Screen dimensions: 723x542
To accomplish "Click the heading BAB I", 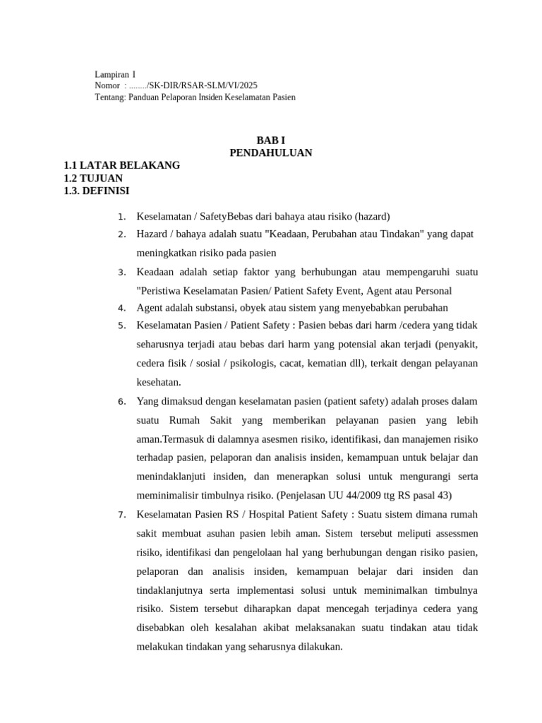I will pyautogui.click(x=271, y=141).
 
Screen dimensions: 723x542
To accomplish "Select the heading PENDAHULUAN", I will pyautogui.click(x=271, y=153).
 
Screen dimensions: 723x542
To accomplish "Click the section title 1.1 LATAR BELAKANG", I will pyautogui.click(x=121, y=165).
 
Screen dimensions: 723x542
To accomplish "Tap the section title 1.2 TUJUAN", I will pyautogui.click(x=93, y=178).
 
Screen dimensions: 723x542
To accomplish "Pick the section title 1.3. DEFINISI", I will pyautogui.click(x=97, y=191).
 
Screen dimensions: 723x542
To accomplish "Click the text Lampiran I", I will pyautogui.click(x=115, y=74).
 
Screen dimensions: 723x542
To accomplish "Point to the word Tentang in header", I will pyautogui.click(x=109, y=97).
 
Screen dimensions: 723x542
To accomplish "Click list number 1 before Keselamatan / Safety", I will pyautogui.click(x=122, y=217).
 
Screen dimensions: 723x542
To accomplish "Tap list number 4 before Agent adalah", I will pyautogui.click(x=122, y=308).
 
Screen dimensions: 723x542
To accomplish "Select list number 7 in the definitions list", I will pyautogui.click(x=122, y=514).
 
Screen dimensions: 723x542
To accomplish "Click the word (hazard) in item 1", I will pyautogui.click(x=373, y=216).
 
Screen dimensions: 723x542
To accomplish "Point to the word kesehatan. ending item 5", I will pyautogui.click(x=159, y=382).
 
